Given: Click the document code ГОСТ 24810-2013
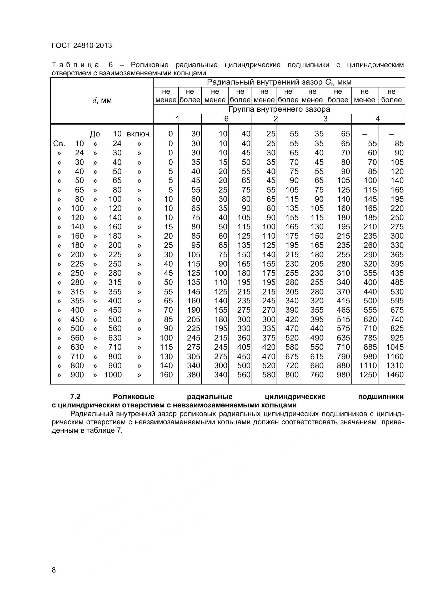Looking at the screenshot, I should [82, 46].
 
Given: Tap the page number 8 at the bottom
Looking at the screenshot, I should [54, 577].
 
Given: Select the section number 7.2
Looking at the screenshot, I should [75, 397].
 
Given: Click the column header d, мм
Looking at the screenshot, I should [102, 101].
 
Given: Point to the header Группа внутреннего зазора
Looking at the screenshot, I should [279, 109].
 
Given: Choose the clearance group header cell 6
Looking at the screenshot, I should [226, 119].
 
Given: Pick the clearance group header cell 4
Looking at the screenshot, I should [378, 119].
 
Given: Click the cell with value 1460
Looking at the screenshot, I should [394, 375].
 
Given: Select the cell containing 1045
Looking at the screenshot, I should [394, 347].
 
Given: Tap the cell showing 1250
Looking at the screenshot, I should [368, 375].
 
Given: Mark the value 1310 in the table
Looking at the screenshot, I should [394, 366].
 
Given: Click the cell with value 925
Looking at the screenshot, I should [397, 338].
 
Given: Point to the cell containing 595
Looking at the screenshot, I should [397, 301].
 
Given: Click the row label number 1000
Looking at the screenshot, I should [113, 375].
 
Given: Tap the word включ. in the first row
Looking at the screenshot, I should [139, 134].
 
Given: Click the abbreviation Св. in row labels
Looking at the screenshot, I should [59, 144].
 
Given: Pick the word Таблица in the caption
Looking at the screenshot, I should [75, 65].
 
